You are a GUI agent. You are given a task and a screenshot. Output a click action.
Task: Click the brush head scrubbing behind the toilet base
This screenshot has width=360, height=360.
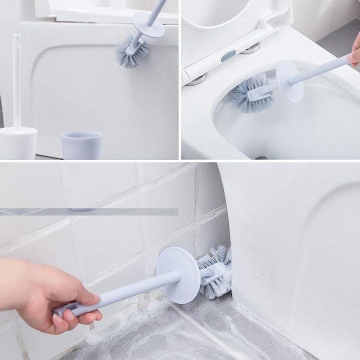pyautogui.click(x=215, y=270)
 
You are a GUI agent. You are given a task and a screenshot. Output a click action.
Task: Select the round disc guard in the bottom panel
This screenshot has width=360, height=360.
pyautogui.click(x=178, y=274)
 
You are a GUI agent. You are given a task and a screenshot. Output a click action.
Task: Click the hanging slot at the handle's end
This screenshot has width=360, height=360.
pyautogui.click(x=67, y=310)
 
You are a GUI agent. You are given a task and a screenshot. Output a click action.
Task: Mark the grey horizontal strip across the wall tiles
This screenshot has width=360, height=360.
pyautogui.click(x=90, y=211)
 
